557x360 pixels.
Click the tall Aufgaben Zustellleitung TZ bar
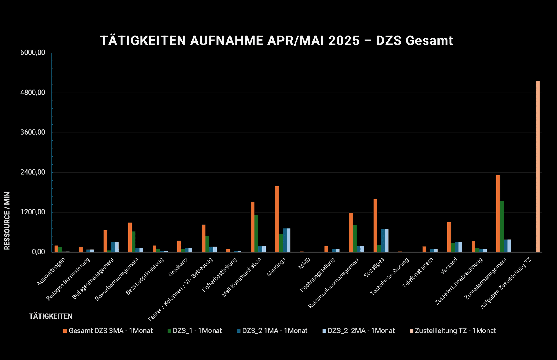coord(538,167)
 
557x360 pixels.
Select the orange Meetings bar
coord(277,219)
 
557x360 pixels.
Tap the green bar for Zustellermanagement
coord(502,227)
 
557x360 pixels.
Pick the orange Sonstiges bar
coord(375,226)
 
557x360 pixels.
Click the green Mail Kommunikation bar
coord(256,234)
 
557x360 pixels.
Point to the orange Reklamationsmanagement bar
coord(351,233)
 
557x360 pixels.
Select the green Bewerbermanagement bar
coord(133,242)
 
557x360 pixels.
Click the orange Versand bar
coord(449,237)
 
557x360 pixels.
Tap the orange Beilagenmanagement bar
coord(105,241)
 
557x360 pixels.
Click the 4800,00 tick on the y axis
coord(52,93)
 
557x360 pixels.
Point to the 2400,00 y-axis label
coord(33,172)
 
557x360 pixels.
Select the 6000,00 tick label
coord(33,53)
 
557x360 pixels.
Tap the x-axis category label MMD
coord(304,263)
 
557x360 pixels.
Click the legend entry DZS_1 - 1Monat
coord(195,331)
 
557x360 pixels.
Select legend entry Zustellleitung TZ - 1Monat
coord(453,331)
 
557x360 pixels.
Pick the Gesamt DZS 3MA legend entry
coord(108,331)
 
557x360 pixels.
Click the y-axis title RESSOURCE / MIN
coord(7,221)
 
